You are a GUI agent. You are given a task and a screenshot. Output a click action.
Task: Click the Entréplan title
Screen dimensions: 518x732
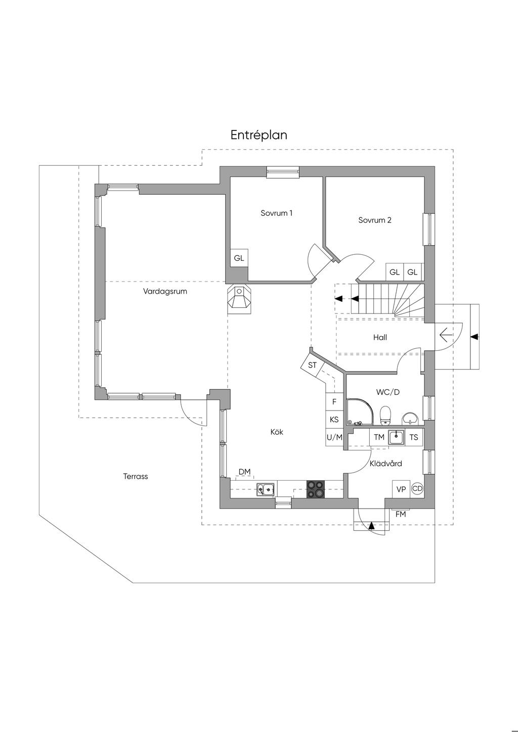pos(258,135)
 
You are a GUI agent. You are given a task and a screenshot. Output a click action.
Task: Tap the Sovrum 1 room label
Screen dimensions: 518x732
pos(276,213)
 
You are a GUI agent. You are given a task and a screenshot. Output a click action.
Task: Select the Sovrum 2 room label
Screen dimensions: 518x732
pos(375,220)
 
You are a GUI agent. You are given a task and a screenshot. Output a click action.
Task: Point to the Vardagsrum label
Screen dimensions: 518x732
pos(165,291)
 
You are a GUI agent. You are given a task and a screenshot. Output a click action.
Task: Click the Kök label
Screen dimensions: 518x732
pos(277,432)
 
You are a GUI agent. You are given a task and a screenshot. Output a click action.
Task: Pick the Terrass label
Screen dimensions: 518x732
pos(136,476)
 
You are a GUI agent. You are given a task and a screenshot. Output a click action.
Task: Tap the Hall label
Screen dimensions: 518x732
pos(380,337)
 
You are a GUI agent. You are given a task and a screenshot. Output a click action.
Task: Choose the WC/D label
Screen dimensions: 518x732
pos(388,392)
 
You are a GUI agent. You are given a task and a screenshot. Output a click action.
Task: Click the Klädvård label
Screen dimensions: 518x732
pos(386,463)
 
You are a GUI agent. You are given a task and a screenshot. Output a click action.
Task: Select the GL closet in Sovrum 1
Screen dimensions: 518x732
pos(239,258)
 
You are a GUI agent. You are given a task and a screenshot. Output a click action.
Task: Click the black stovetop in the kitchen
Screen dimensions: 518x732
pos(316,489)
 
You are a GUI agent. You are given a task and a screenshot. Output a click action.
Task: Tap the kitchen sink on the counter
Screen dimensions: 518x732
pos(266,489)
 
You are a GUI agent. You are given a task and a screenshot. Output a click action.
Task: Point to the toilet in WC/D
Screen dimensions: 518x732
pos(386,416)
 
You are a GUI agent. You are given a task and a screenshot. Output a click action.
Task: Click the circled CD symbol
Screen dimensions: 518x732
pos(417,488)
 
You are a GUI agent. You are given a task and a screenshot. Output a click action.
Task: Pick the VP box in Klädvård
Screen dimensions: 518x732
pos(401,489)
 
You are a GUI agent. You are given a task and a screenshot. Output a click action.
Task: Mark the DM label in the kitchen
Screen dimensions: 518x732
pos(244,472)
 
